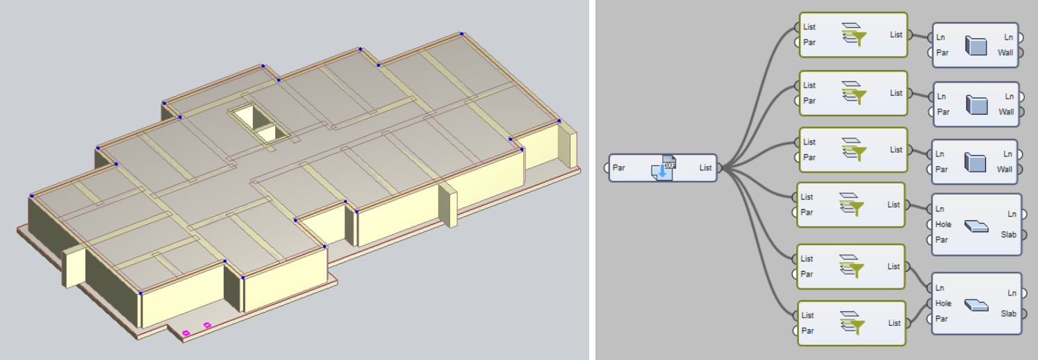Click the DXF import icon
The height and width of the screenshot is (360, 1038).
coord(664,167)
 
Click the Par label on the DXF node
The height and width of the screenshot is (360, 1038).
coord(618,167)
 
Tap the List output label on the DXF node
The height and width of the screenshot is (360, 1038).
coord(705,167)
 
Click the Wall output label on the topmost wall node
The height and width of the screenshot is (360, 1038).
coord(1005,53)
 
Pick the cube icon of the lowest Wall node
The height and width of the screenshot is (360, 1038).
coord(975,162)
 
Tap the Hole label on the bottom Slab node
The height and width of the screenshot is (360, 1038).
coord(943,304)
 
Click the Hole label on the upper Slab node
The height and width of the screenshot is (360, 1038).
coord(943,224)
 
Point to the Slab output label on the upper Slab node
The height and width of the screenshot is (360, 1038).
coord(1008,235)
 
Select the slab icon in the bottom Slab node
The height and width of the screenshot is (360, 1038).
coord(976,305)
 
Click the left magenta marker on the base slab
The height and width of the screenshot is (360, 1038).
coord(186,333)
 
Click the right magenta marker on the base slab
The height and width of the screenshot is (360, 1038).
coord(207,325)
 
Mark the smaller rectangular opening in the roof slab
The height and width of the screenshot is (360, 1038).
coord(269,134)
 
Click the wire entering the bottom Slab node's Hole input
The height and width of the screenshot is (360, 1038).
coord(918,313)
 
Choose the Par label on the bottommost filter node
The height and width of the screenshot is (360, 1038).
coord(808,331)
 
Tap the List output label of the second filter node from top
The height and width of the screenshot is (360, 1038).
coord(896,93)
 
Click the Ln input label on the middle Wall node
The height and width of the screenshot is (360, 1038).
coord(941,97)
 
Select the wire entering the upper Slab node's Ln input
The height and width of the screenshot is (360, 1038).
coord(918,206)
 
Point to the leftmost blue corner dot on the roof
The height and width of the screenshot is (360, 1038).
coord(32,196)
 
